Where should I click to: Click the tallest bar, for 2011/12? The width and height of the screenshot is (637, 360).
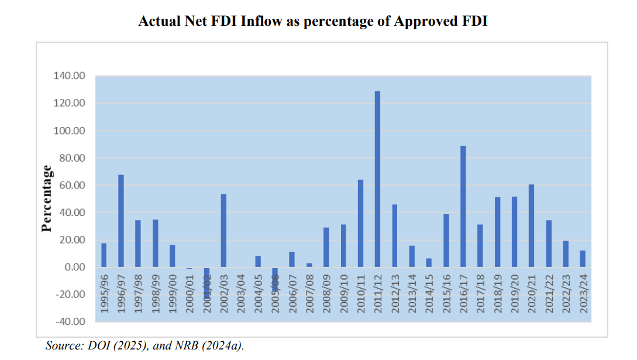tap(377, 179)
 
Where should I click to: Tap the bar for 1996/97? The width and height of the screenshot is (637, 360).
tap(121, 221)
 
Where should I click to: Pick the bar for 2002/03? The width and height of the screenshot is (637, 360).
tap(223, 231)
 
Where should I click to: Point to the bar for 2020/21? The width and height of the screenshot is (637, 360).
tap(532, 225)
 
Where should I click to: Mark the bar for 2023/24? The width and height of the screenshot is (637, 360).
tap(583, 259)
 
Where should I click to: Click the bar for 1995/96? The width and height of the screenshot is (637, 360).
tap(104, 255)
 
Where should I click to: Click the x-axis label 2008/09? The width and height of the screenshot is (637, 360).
tap(326, 292)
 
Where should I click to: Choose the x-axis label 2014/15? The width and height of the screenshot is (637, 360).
tap(429, 292)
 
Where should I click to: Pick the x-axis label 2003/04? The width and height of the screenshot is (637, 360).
tap(241, 292)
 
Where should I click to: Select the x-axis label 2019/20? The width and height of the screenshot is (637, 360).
tap(514, 292)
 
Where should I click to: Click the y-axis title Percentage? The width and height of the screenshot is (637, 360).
tap(47, 198)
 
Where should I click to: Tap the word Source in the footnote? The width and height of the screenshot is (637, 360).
tap(62, 346)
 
